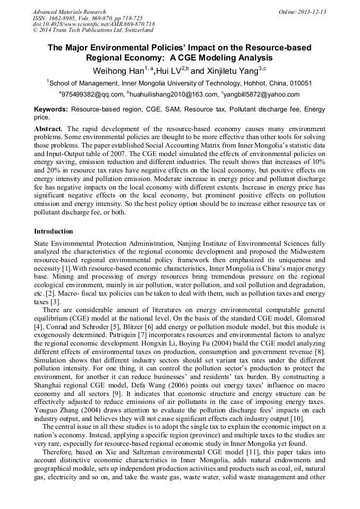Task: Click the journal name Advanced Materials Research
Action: coord(69,12)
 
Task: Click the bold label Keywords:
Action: coord(51,109)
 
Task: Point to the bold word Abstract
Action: coord(48,129)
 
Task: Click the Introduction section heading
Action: coord(54,231)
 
